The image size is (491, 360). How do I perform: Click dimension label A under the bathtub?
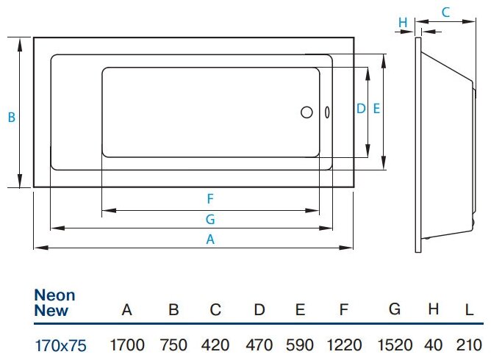(x=209, y=239)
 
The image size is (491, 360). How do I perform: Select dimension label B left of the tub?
(x=11, y=116)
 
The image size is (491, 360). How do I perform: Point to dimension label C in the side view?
(x=445, y=12)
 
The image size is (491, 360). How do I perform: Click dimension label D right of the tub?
(x=360, y=108)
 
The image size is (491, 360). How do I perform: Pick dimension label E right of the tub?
(x=376, y=108)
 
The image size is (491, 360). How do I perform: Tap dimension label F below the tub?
(x=210, y=198)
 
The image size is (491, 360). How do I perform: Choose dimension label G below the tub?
(x=210, y=219)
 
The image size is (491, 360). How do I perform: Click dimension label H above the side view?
(x=403, y=23)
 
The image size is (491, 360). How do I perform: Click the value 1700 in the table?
(x=126, y=345)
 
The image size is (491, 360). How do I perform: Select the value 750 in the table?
(x=173, y=345)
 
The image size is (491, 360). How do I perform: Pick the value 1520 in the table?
(x=394, y=345)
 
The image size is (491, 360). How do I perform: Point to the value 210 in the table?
(x=467, y=345)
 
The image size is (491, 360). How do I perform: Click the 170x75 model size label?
(x=61, y=345)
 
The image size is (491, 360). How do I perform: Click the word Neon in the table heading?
(x=54, y=295)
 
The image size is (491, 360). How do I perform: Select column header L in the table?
(x=468, y=310)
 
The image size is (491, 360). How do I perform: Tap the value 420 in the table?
(x=215, y=345)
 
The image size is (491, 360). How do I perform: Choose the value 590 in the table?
(x=300, y=345)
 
